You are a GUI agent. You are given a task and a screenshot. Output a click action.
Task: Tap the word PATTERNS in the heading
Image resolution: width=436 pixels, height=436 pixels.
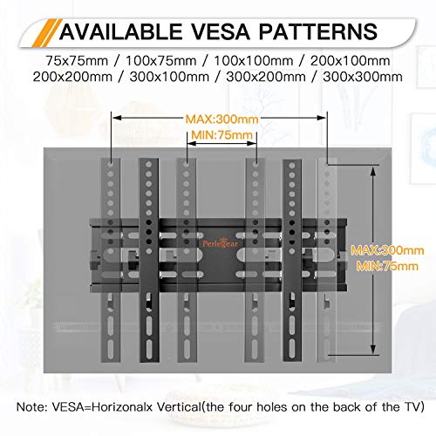pyautogui.click(x=318, y=31)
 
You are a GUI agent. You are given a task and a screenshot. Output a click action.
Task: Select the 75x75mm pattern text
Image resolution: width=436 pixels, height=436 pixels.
pyautogui.click(x=77, y=61)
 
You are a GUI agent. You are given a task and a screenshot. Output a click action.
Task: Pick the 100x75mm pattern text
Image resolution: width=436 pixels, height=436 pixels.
pyautogui.click(x=160, y=61)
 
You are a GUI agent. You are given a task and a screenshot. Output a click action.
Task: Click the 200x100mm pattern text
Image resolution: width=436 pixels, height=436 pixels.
pyautogui.click(x=350, y=61)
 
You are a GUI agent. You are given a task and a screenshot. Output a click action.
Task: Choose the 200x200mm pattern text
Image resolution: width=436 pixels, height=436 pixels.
pyautogui.click(x=72, y=77)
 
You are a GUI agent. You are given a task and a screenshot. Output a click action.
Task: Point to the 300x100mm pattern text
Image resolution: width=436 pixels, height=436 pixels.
pyautogui.click(x=169, y=77)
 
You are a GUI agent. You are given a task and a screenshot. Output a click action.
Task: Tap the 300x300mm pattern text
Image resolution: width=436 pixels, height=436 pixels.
pyautogui.click(x=363, y=77)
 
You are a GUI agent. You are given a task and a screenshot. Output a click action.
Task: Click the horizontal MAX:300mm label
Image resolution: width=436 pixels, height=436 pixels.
pyautogui.click(x=221, y=119)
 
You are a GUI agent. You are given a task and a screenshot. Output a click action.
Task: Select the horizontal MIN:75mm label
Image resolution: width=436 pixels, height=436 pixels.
pyautogui.click(x=221, y=135)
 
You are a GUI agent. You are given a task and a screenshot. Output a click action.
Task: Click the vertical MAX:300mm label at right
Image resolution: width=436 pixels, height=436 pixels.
pyautogui.click(x=387, y=250)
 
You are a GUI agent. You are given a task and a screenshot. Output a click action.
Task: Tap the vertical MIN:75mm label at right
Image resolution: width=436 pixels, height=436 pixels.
pyautogui.click(x=387, y=266)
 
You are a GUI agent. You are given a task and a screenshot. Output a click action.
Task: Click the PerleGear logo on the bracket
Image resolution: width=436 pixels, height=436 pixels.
pyautogui.click(x=221, y=243)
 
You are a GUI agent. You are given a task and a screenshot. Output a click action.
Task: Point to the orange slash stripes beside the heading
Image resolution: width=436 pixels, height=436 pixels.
pyautogui.click(x=47, y=33)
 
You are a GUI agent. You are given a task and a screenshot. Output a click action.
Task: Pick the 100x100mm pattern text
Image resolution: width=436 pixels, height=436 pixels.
pyautogui.click(x=254, y=61)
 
